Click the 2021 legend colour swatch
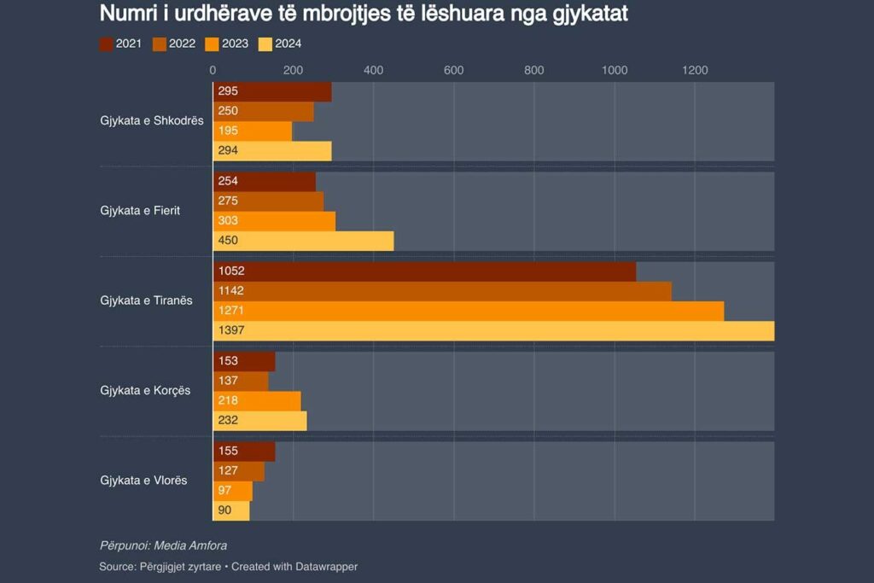[x=107, y=44]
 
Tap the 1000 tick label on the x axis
[x=615, y=71]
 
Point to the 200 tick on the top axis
[x=293, y=71]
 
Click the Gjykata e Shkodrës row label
[x=151, y=120]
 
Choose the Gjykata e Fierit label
[x=140, y=210]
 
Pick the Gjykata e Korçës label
[x=145, y=390]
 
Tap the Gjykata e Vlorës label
[x=143, y=481]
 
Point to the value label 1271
[x=230, y=311]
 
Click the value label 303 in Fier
[x=228, y=220]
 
